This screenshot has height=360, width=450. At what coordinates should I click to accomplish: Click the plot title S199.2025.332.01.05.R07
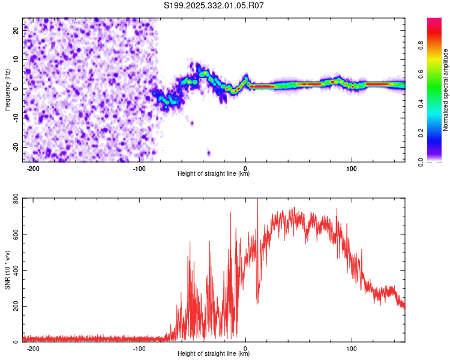[x=214, y=5]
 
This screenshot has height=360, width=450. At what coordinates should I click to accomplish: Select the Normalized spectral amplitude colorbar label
[x=446, y=90]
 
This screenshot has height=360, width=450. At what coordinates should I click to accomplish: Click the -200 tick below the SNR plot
[x=34, y=348]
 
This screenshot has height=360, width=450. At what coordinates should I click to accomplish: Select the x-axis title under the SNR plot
[x=214, y=354]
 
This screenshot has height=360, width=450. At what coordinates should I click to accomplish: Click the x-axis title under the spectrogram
[x=214, y=174]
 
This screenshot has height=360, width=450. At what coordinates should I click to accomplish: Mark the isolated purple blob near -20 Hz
[x=209, y=153]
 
